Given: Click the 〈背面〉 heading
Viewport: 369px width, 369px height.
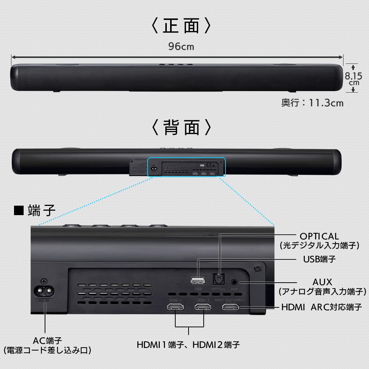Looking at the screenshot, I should [x=182, y=127].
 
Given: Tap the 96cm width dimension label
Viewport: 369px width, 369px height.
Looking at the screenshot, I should [x=181, y=46].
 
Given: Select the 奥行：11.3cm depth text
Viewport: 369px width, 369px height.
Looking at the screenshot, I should [x=312, y=103].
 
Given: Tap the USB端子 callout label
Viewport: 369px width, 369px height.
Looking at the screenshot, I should [x=319, y=259].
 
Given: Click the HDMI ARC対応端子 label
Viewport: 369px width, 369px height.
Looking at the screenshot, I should [x=321, y=307].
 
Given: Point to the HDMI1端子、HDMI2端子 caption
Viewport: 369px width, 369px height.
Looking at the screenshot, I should [x=188, y=345].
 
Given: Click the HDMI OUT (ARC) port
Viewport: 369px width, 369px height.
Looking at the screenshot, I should [x=231, y=307].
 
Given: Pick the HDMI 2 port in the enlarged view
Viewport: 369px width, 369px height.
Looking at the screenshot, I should [x=175, y=307].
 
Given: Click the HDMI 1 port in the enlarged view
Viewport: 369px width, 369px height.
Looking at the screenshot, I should [x=203, y=307].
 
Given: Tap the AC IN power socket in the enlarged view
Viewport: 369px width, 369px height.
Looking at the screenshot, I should [x=45, y=290].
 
